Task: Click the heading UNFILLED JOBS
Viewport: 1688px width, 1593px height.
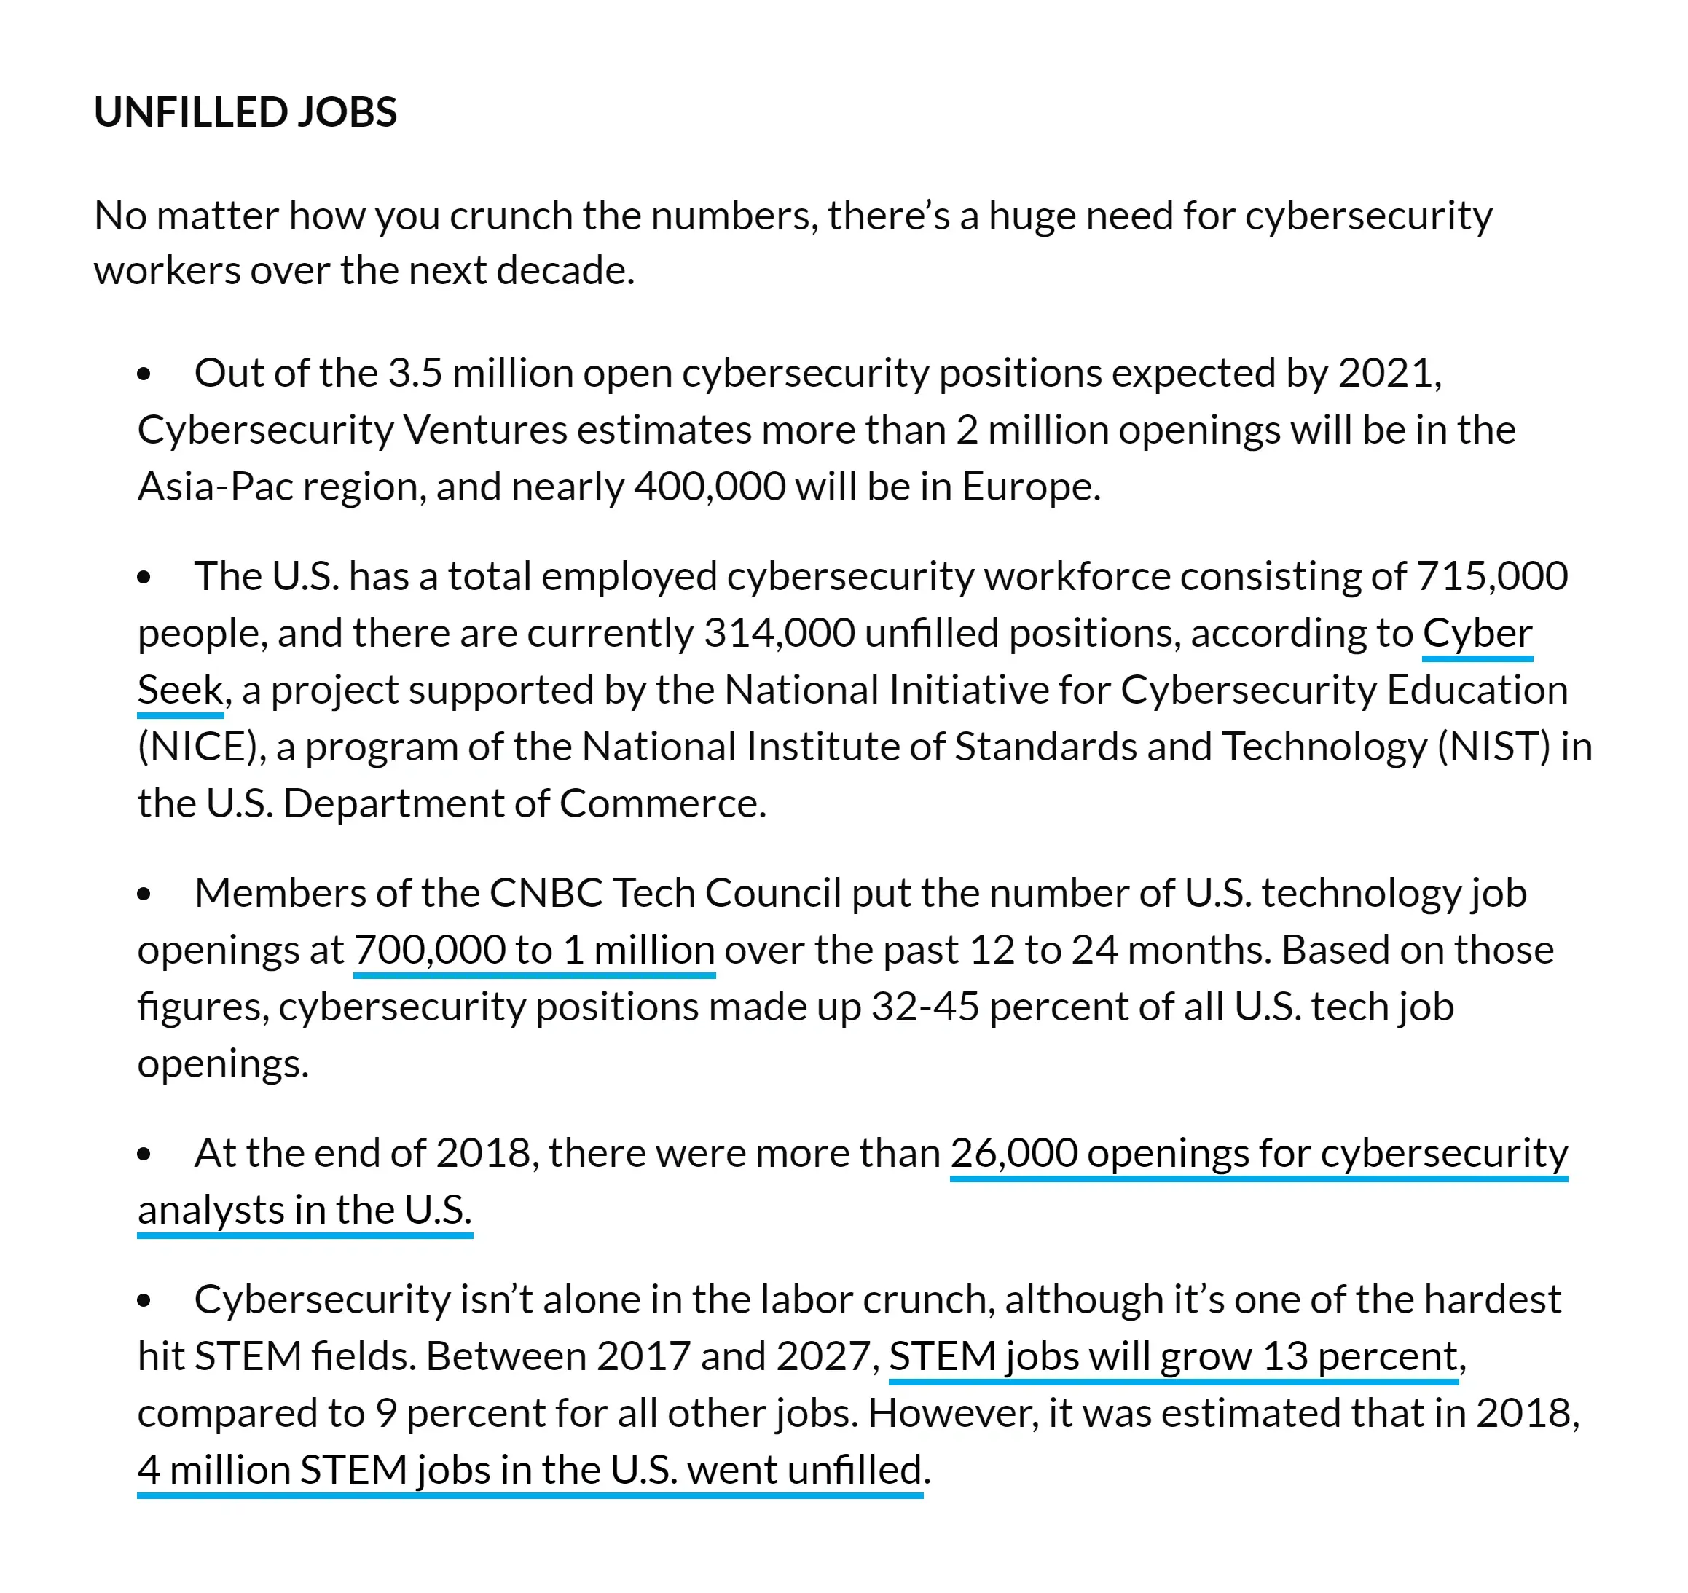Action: coord(246,112)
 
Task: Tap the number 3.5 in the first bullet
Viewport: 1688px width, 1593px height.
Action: coord(415,373)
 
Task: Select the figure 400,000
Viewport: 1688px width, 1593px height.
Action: coord(709,487)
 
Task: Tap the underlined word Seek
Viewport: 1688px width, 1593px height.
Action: coord(180,690)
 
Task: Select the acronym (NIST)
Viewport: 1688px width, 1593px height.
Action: coord(1493,747)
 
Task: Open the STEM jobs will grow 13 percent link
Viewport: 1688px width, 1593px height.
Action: coord(1174,1356)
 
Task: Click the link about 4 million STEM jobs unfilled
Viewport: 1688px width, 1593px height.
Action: coord(530,1470)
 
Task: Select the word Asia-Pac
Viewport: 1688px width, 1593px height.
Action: coord(216,487)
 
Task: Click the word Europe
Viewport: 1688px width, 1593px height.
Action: coord(1029,487)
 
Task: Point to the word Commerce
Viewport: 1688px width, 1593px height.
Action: coord(662,803)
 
